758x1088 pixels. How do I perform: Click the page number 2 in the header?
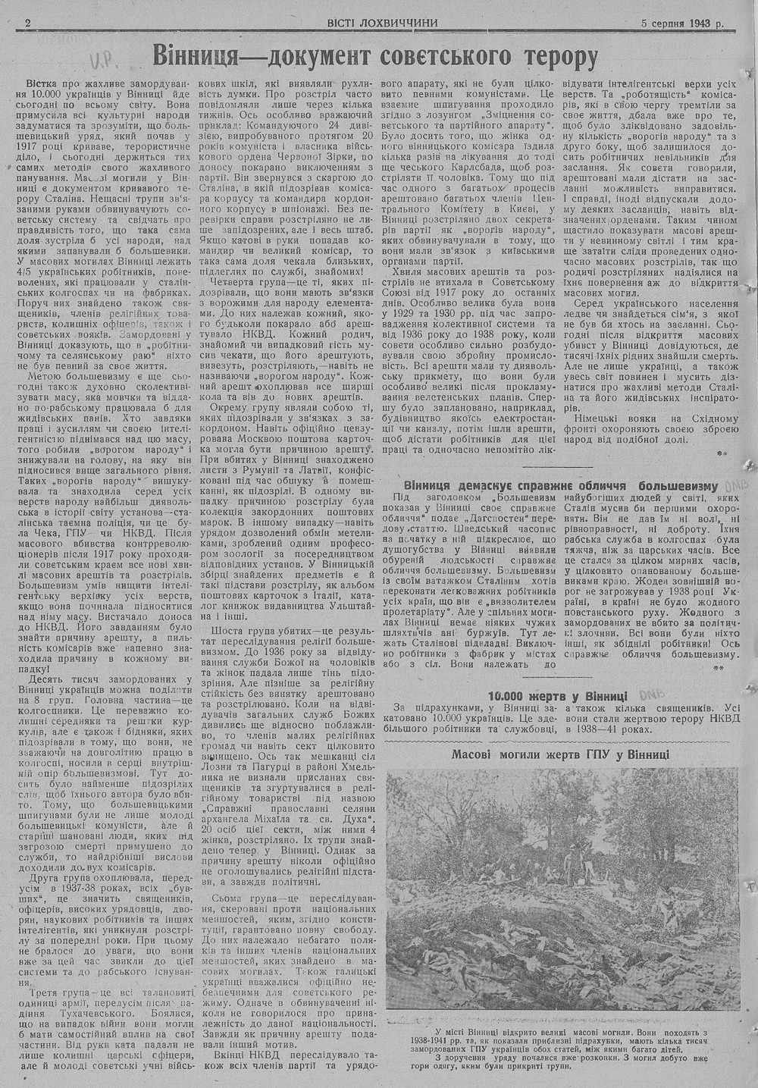(27, 23)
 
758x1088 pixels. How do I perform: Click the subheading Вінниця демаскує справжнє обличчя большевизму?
(560, 484)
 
